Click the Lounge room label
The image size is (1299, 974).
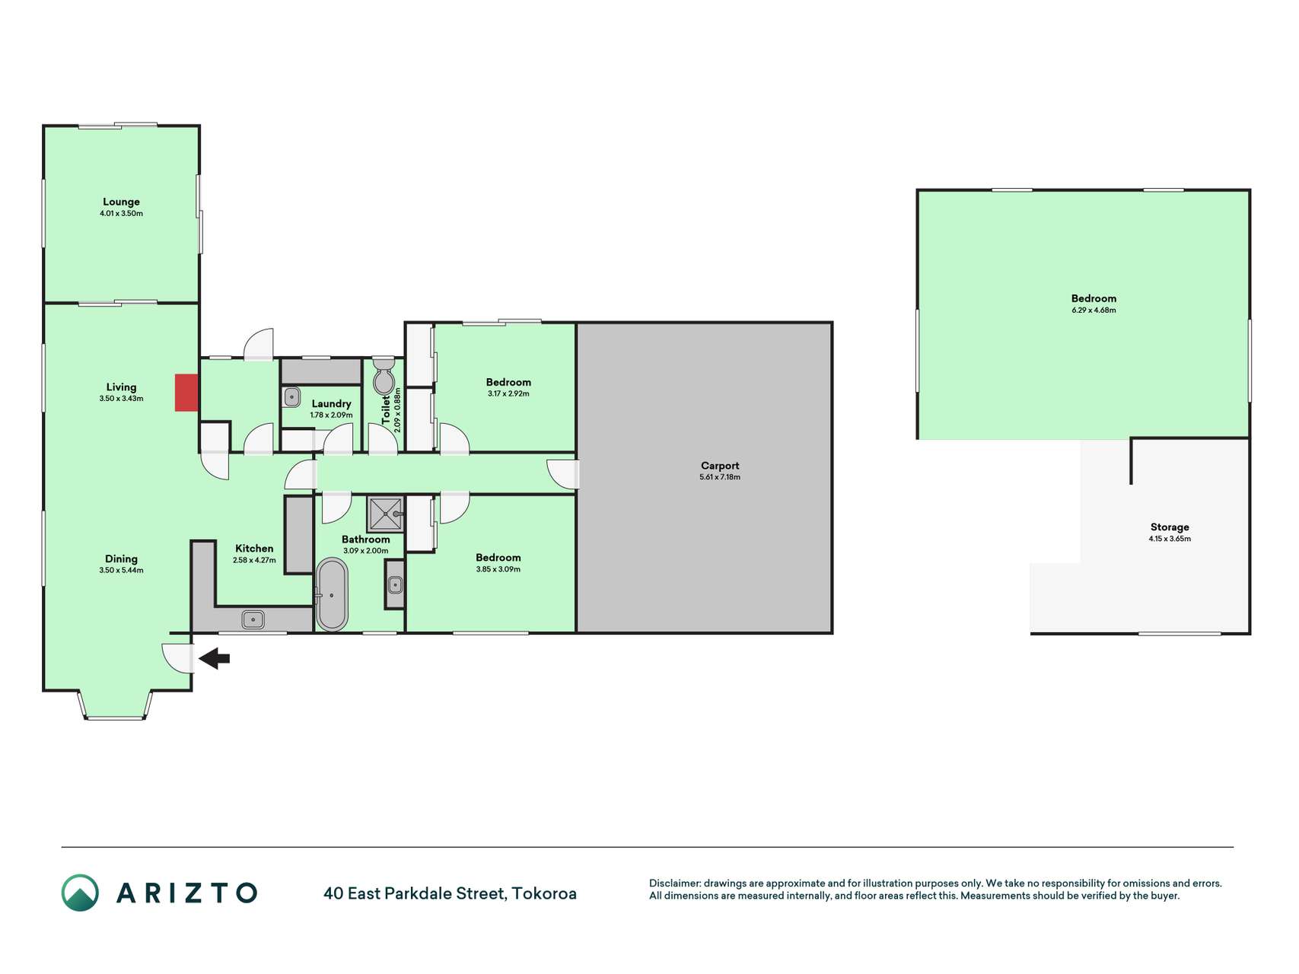pyautogui.click(x=121, y=202)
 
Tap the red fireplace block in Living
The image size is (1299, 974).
pyautogui.click(x=186, y=393)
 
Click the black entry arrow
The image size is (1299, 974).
pyautogui.click(x=215, y=658)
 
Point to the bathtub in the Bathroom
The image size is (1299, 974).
pyautogui.click(x=332, y=594)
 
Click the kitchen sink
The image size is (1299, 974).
pyautogui.click(x=253, y=619)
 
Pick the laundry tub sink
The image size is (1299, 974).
pyautogui.click(x=291, y=397)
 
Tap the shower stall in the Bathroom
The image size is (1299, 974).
pyautogui.click(x=385, y=514)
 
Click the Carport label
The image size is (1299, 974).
pyautogui.click(x=720, y=466)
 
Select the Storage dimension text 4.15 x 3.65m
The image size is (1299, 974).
pyautogui.click(x=1170, y=539)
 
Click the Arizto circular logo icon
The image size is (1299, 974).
pyautogui.click(x=80, y=893)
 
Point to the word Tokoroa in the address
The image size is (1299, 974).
pyautogui.click(x=544, y=893)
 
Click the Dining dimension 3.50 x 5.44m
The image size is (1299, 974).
pyautogui.click(x=121, y=570)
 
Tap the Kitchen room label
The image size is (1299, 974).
pyautogui.click(x=254, y=548)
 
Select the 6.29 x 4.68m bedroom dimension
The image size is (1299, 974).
pyautogui.click(x=1094, y=310)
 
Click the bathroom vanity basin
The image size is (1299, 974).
pyautogui.click(x=395, y=584)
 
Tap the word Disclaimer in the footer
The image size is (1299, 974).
pyautogui.click(x=674, y=883)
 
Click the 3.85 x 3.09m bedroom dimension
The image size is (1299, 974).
pyautogui.click(x=498, y=569)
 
